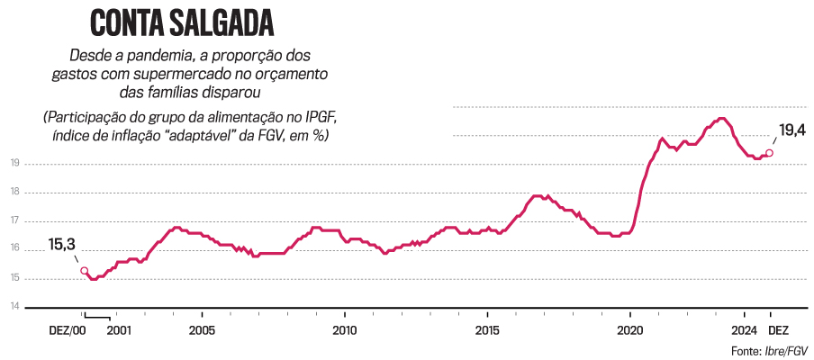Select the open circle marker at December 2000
coord(84,270)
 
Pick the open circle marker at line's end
coord(769,153)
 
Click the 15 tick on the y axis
coord(15,278)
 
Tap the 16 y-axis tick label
coord(15,249)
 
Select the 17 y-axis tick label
coord(15,220)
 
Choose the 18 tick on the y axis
coord(15,192)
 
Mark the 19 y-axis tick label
coord(15,163)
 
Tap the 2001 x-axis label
coord(120,330)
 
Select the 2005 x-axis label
coord(202,330)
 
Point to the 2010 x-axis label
coord(344,330)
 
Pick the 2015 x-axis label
coord(487,330)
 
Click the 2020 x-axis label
coord(629,330)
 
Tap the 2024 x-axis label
coord(744,330)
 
